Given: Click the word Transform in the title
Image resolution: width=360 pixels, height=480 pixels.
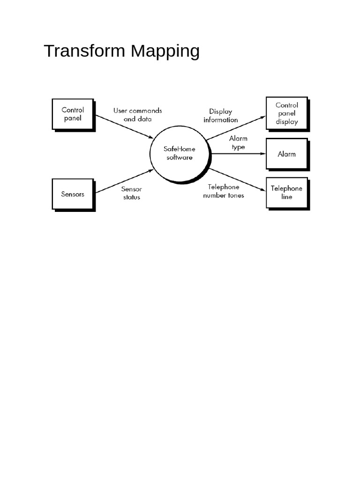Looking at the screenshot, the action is (x=84, y=51).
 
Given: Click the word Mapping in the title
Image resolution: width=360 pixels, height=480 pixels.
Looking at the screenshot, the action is (x=165, y=52).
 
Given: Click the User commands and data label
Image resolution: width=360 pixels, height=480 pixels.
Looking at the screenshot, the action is (x=138, y=115).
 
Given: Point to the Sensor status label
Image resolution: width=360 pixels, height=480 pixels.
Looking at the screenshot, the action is (x=132, y=193).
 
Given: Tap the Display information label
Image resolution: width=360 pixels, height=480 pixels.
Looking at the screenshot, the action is (x=221, y=116).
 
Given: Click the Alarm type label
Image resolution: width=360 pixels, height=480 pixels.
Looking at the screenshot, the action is (x=238, y=142).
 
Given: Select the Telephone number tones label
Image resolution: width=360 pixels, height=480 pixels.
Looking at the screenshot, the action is (x=224, y=191).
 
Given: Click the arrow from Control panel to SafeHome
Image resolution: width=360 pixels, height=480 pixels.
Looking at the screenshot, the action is (x=124, y=127).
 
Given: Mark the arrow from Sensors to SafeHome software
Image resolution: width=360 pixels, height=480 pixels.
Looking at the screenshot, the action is (x=124, y=181).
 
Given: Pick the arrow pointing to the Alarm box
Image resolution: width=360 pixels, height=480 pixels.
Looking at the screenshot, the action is (x=239, y=154).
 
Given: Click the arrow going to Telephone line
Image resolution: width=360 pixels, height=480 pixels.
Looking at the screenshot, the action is (x=238, y=180).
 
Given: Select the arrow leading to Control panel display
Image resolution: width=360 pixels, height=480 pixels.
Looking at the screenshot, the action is (x=236, y=128).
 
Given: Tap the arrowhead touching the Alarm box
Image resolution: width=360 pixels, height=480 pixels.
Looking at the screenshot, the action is (x=263, y=154).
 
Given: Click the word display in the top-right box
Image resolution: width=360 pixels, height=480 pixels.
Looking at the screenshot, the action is (x=287, y=122).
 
